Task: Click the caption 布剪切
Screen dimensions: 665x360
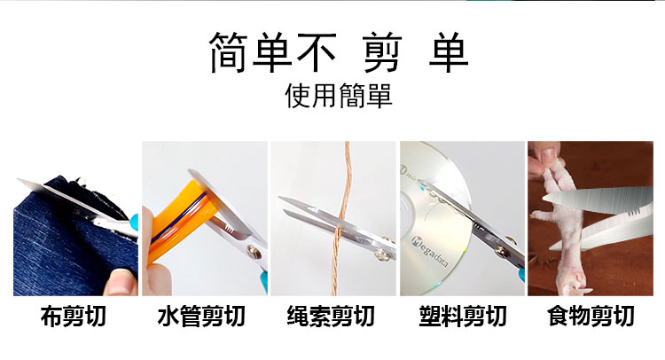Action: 73,317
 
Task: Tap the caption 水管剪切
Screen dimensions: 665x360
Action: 201,317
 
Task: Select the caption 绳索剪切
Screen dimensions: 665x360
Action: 331,317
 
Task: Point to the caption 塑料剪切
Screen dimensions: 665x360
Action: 463,317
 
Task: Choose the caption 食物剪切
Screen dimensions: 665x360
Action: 591,317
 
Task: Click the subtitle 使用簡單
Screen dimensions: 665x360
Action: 339,96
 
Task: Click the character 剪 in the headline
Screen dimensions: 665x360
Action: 382,52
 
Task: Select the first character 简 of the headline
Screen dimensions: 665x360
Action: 229,52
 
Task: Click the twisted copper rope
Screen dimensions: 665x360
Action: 342,219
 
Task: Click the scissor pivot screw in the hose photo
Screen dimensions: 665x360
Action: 254,252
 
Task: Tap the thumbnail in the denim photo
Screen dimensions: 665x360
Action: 121,283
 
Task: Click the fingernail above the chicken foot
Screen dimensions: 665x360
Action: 548,158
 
